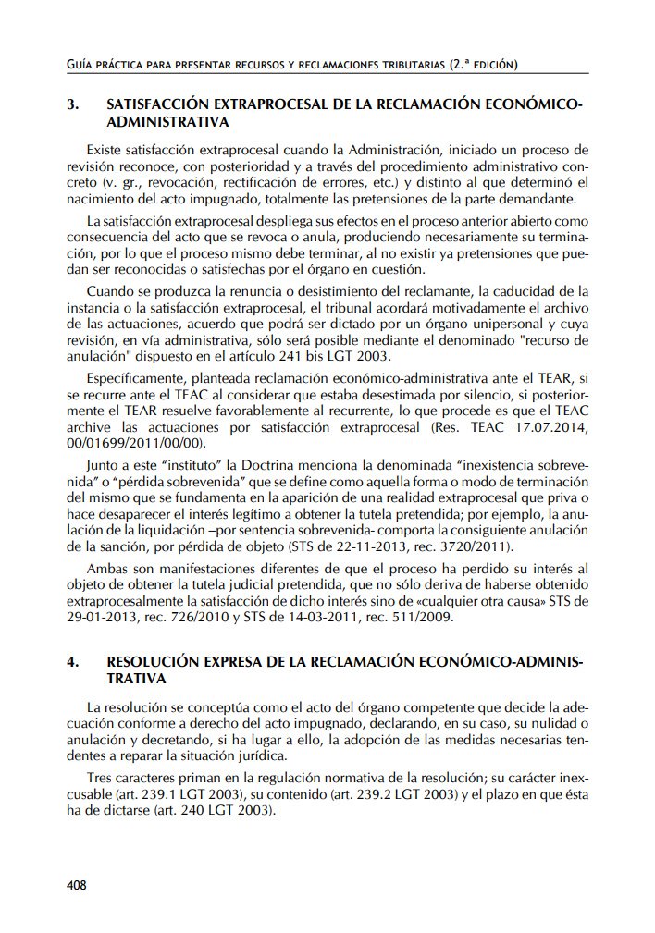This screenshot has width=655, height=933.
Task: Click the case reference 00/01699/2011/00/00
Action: pos(136,442)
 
